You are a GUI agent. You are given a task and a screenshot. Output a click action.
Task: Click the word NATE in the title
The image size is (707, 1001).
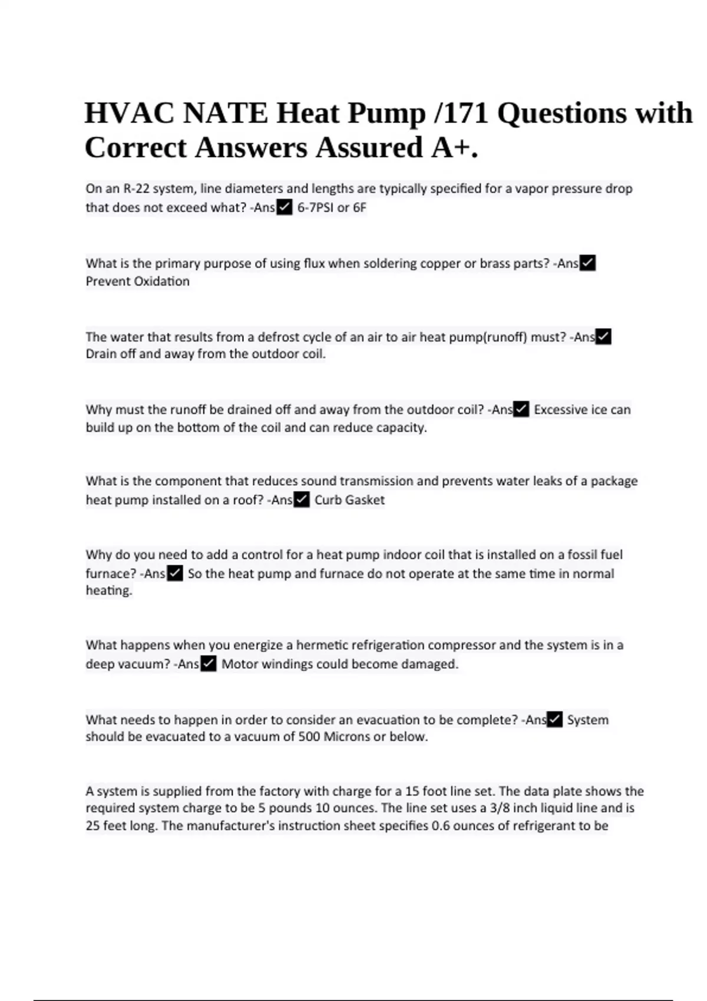point(224,113)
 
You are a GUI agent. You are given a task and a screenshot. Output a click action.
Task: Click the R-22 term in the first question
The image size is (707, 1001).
point(136,189)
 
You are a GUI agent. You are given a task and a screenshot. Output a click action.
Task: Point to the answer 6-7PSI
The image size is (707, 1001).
point(315,208)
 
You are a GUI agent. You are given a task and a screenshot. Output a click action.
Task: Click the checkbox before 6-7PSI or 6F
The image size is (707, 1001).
point(284,208)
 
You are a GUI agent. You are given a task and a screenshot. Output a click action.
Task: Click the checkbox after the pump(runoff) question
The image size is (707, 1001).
point(603,337)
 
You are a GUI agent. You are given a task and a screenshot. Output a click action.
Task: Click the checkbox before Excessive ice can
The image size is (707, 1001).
point(521,409)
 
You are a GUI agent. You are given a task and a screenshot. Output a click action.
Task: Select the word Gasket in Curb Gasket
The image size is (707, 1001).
point(365,500)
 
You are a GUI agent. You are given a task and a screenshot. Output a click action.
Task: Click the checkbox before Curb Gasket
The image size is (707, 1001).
point(302,500)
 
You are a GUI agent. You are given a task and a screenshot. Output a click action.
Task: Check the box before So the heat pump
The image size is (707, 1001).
point(175,574)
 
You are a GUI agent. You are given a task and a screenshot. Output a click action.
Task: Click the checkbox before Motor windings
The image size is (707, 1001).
point(209,664)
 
